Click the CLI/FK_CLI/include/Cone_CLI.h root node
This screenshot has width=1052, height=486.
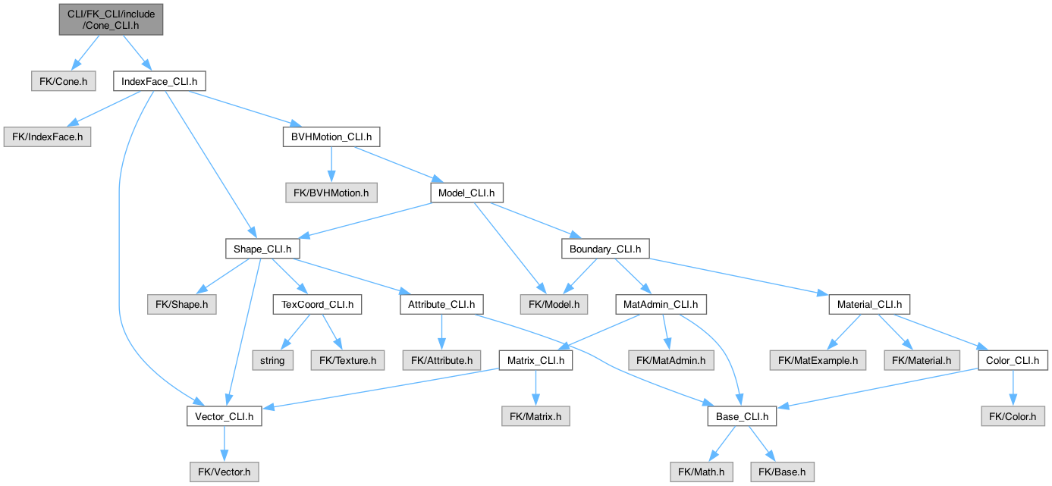[x=111, y=20]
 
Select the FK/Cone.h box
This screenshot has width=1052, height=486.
[x=64, y=81]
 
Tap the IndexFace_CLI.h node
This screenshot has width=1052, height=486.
[x=159, y=81]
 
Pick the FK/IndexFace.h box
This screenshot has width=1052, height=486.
[x=48, y=136]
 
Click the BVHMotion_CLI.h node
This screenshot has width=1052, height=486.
[x=331, y=136]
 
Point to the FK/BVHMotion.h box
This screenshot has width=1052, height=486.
[x=331, y=193]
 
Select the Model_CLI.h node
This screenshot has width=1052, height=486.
[x=466, y=193]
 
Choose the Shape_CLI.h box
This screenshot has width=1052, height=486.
[x=262, y=249]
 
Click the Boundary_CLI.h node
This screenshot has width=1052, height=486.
[x=605, y=249]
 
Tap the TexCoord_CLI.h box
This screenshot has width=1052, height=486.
[x=318, y=304]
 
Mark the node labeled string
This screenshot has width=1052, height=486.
[x=272, y=361]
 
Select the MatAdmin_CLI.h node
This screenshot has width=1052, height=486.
[x=661, y=304]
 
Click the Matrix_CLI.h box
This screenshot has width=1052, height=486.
[x=536, y=361]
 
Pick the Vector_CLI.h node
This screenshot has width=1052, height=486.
[x=224, y=416]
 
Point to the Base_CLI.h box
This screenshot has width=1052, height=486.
[x=742, y=416]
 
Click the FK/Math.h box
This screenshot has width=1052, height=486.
[x=701, y=472]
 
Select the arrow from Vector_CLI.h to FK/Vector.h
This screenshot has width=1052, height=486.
[x=224, y=444]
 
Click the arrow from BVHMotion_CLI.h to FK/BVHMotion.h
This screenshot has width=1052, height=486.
[x=331, y=165]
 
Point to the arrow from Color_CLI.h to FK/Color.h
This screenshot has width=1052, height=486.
[x=1013, y=388]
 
